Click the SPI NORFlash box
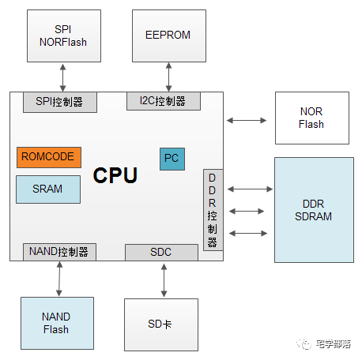point(64,36)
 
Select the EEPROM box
point(169,36)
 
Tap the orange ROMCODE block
point(49,157)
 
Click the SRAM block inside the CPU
point(48,189)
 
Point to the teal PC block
point(172,159)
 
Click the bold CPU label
point(115,175)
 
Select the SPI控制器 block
point(60,102)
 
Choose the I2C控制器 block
point(164,101)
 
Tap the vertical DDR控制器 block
point(213,210)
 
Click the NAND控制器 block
point(59,252)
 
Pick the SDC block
point(161,253)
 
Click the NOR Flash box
point(312,118)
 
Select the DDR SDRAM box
point(314,210)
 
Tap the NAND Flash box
point(57,323)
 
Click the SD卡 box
point(161,324)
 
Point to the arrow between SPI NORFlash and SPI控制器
point(62,77)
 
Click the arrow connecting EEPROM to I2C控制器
point(169,77)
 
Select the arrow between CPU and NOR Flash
point(247,121)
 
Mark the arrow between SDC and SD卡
point(164,280)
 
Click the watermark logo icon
point(304,344)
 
